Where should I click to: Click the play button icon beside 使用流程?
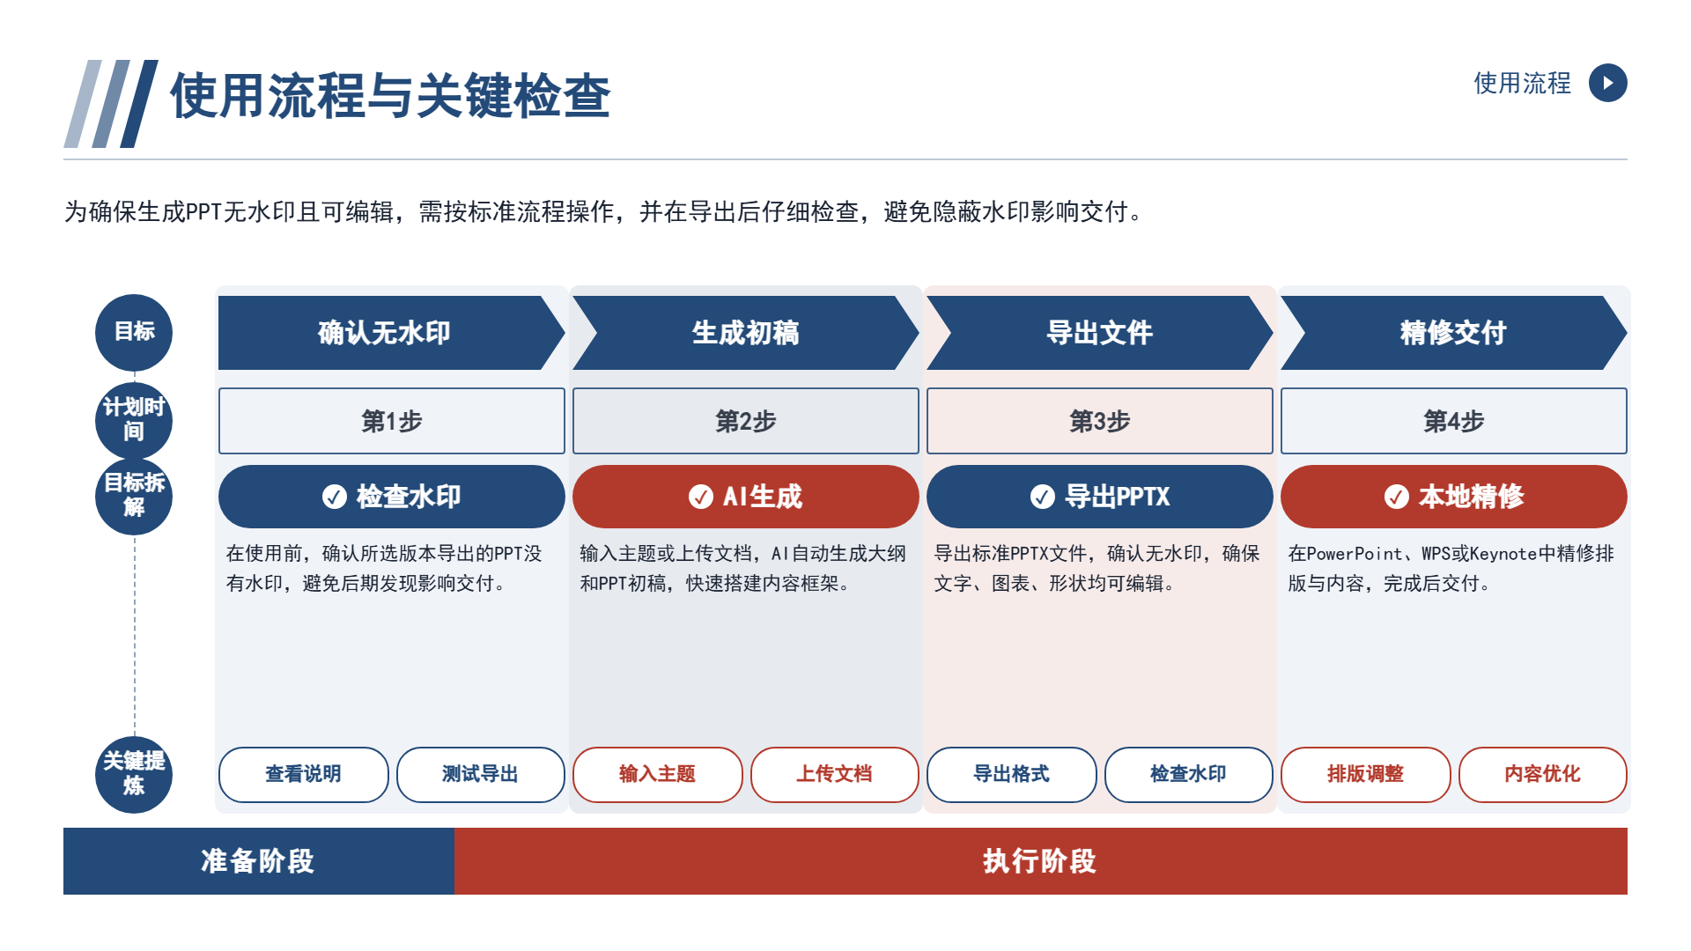(1607, 83)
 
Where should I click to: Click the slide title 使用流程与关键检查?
(390, 95)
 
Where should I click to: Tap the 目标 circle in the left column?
(134, 332)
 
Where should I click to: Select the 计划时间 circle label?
(134, 420)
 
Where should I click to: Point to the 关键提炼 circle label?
(134, 774)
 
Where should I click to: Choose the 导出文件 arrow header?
(1099, 333)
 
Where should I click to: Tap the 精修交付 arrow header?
(1453, 333)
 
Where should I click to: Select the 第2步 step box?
(745, 421)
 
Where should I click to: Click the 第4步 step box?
(1453, 421)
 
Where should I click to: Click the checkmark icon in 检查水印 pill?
(335, 497)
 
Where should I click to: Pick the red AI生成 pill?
(745, 497)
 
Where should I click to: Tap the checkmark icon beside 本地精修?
(1397, 497)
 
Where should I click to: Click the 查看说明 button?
(303, 774)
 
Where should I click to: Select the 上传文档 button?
(834, 774)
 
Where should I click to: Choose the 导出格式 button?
(1011, 774)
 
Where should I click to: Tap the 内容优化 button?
(1542, 774)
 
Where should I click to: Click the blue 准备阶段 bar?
(258, 861)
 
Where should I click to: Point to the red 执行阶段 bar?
(1040, 861)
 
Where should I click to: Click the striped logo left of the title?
(111, 104)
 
